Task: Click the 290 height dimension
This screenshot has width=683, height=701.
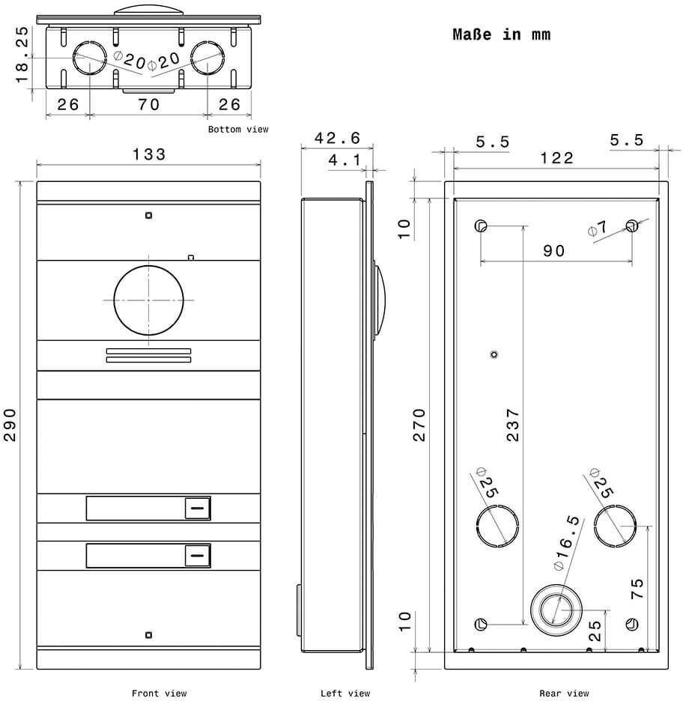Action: [x=10, y=425]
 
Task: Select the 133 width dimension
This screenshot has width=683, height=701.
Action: [x=149, y=155]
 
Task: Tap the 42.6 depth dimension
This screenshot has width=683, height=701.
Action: [x=337, y=138]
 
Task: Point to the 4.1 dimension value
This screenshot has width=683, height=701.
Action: [x=344, y=160]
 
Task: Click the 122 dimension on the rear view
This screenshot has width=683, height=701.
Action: [x=556, y=158]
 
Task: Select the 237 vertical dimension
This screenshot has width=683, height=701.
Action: [x=513, y=425]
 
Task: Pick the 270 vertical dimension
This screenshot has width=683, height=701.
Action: [x=419, y=425]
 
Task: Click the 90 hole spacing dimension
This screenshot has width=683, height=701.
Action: [x=554, y=251]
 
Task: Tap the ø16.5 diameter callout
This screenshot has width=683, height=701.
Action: [x=567, y=543]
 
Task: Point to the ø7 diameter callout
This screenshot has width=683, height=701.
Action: [x=598, y=228]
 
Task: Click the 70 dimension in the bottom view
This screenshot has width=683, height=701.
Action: [x=149, y=105]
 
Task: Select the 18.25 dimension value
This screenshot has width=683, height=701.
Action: [x=22, y=55]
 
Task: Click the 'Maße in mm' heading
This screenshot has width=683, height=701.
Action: [x=502, y=34]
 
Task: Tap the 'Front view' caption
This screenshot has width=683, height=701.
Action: [x=159, y=694]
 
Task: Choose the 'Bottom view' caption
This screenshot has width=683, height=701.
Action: [x=238, y=130]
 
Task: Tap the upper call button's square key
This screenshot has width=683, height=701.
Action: [x=198, y=509]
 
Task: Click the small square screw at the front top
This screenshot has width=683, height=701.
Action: [x=149, y=216]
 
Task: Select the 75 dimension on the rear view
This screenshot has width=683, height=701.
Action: [x=637, y=589]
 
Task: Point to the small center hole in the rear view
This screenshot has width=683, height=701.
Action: [x=494, y=354]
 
